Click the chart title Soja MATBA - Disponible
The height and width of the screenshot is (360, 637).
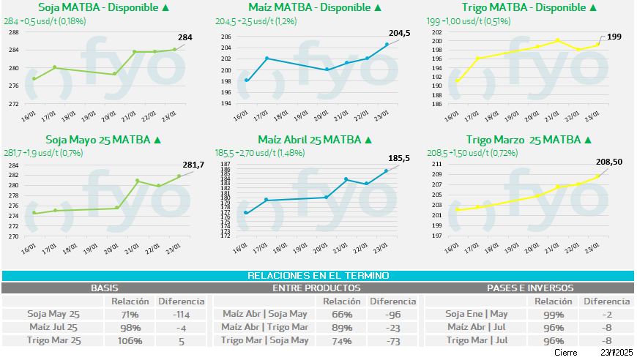99,7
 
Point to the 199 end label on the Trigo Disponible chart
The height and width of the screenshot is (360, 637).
614,36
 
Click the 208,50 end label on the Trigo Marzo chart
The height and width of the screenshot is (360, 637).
607,162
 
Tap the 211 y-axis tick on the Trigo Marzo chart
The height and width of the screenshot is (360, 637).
436,165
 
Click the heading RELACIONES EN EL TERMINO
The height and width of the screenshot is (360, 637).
318,276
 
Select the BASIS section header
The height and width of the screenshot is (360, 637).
104,288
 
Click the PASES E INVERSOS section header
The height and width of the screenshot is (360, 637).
530,288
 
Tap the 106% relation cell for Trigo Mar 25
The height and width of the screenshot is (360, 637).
123,340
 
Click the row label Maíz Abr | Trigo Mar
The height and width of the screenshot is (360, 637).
264,327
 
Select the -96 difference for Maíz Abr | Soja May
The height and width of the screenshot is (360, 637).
392,314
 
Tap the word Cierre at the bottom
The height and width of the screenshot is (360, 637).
565,353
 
